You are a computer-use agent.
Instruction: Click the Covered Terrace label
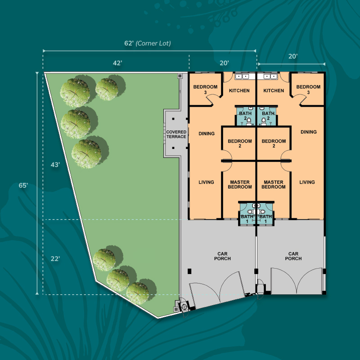pos(176,134)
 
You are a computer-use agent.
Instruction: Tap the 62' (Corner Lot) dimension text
pos(148,43)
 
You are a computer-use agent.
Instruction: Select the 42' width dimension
pos(117,63)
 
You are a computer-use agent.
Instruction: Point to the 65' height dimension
pos(23,185)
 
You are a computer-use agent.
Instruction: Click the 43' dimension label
pos(55,165)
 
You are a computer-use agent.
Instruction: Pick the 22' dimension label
pos(55,259)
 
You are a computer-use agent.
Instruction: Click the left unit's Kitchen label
pos(239,90)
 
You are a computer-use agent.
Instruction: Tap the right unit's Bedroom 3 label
pos(308,89)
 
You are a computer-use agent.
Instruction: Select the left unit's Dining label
pos(207,133)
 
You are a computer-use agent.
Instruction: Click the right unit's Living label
pos(307,182)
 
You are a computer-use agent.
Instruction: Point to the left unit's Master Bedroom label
pos(240,184)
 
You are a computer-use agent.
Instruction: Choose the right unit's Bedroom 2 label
pos(274,143)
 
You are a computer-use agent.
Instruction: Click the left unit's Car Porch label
pos(222,256)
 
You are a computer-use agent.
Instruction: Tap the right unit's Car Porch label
pos(293,256)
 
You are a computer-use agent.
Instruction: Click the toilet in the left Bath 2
pos(249,121)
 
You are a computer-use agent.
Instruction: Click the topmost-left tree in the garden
pos(75,93)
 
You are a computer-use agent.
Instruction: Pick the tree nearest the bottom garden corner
pos(138,293)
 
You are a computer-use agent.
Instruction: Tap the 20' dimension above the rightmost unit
pos(293,56)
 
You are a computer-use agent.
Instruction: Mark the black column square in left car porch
pos(189,271)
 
